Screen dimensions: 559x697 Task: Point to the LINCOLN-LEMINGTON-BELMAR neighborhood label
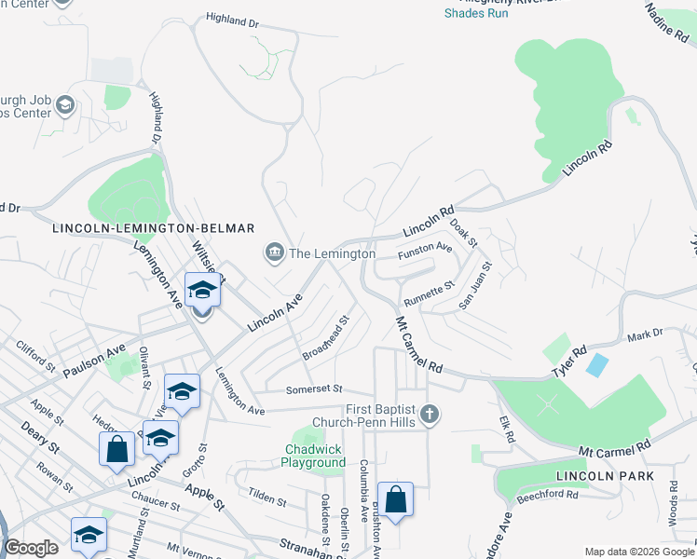click(154, 228)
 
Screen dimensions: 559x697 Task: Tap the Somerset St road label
click(315, 389)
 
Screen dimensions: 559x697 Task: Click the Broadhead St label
click(325, 337)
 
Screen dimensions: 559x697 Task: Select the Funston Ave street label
click(425, 250)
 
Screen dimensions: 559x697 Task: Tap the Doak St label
click(463, 231)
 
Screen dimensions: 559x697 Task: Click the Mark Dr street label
click(644, 334)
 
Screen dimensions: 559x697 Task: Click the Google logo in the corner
click(32, 548)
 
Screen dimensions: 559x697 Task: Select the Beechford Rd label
click(547, 496)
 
